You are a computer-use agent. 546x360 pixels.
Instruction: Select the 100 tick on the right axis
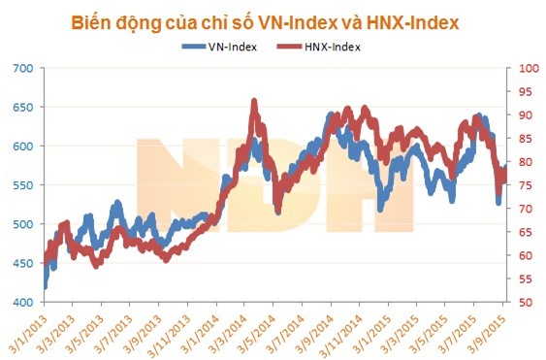click(x=524, y=68)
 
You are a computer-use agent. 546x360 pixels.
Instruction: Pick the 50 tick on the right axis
click(x=522, y=303)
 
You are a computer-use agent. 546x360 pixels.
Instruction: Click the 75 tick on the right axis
click(x=522, y=185)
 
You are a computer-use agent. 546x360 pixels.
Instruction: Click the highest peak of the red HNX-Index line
click(x=254, y=101)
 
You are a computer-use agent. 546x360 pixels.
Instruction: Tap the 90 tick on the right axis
click(x=522, y=115)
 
